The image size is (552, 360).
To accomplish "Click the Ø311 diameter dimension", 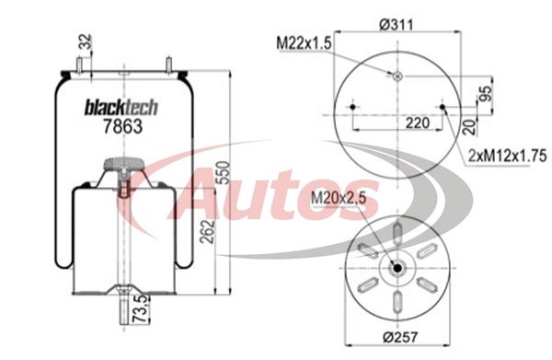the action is [x=396, y=25].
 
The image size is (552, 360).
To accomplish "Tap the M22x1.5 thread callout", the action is [x=304, y=43].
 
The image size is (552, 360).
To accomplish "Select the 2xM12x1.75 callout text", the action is [x=507, y=156].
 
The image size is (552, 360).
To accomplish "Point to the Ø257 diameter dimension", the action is [x=400, y=337].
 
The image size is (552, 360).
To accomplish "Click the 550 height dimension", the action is [x=224, y=172].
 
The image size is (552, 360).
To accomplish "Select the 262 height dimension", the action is [x=207, y=231].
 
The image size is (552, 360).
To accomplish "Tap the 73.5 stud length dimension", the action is [x=141, y=309].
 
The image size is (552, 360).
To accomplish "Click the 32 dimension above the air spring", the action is [x=86, y=41].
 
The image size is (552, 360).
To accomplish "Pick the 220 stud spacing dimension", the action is [x=418, y=123].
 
